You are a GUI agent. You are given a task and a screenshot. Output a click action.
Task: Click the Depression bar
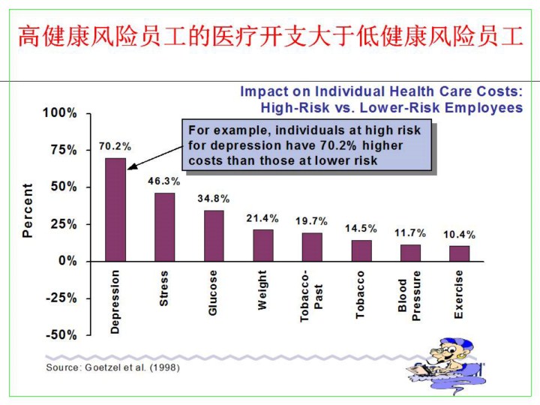115,209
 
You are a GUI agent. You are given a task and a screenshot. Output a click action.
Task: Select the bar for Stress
164,226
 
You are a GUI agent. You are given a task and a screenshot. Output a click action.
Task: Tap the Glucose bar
214,235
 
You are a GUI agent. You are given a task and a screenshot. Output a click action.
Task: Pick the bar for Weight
262,245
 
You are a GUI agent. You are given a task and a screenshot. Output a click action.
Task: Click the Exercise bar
459,253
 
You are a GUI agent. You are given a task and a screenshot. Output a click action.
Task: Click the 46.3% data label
163,181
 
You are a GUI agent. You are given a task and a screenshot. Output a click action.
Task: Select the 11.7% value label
410,233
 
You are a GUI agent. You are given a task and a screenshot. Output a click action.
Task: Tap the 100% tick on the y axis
60,113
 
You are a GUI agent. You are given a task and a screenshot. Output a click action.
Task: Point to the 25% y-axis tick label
63,224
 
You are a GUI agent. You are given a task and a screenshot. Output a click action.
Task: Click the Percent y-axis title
28,211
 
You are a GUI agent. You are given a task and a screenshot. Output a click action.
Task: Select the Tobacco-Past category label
311,295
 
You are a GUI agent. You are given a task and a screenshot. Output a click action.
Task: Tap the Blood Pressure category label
410,295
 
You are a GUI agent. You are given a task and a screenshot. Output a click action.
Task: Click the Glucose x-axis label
213,292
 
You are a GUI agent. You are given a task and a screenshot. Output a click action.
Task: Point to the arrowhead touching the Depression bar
130,167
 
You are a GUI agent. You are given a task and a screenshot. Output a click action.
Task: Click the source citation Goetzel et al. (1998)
112,367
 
